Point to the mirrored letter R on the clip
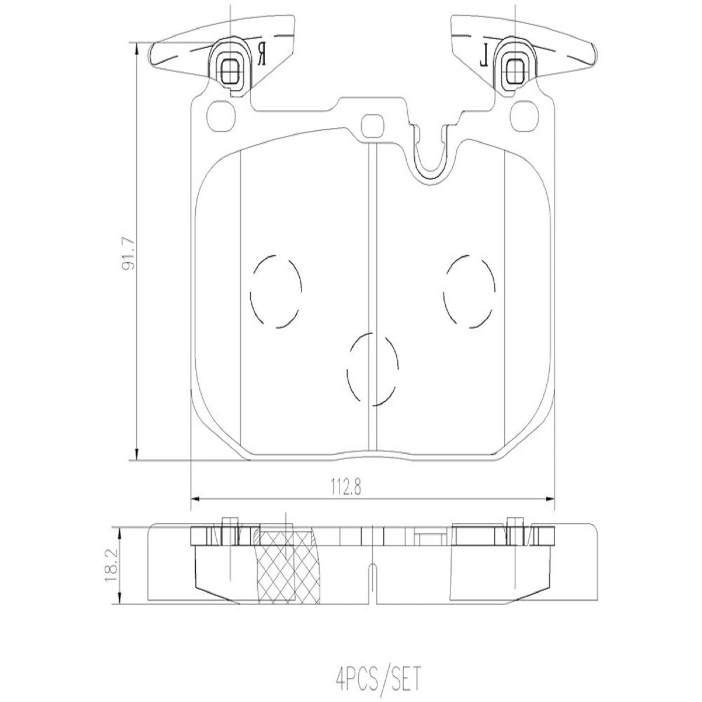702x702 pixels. point(262,53)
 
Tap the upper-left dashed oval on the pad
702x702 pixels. point(275,290)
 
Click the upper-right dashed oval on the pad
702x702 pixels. point(469,290)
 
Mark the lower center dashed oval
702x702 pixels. point(373,369)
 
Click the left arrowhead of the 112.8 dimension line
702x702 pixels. point(195,498)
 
